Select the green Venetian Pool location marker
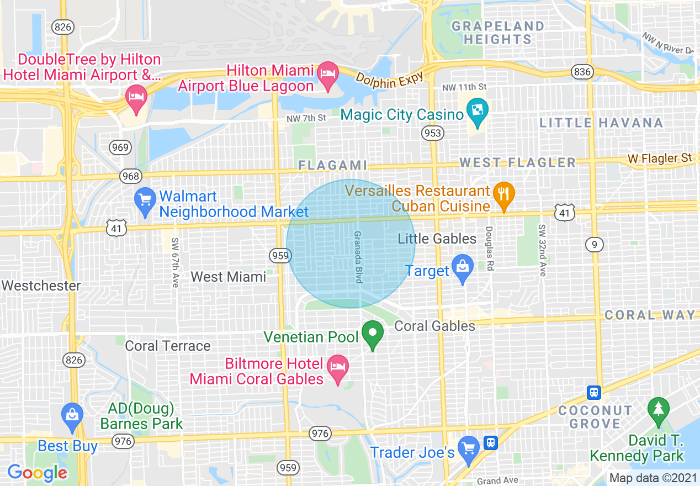pos(373,334)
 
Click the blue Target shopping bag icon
pos(462,267)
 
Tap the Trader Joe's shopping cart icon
pos(469,448)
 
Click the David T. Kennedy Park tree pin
pos(658,409)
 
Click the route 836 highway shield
pos(582,71)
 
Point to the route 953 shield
pos(432,133)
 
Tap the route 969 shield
pos(120,147)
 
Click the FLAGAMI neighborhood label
pos(332,165)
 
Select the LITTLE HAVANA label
pos(601,123)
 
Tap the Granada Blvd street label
pos(358,257)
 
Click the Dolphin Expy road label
pos(389,78)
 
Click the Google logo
pos(37,473)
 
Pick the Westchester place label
pos(41,286)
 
